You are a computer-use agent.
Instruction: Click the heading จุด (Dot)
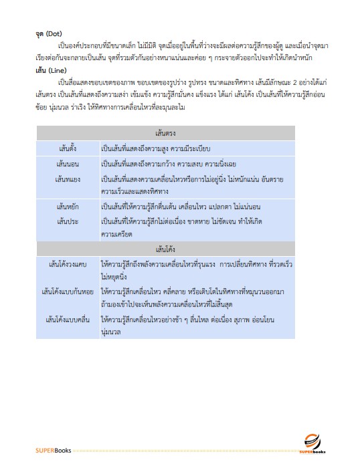(48, 33)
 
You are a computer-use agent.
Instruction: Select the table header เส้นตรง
(165, 132)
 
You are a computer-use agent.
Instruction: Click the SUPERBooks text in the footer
(54, 450)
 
